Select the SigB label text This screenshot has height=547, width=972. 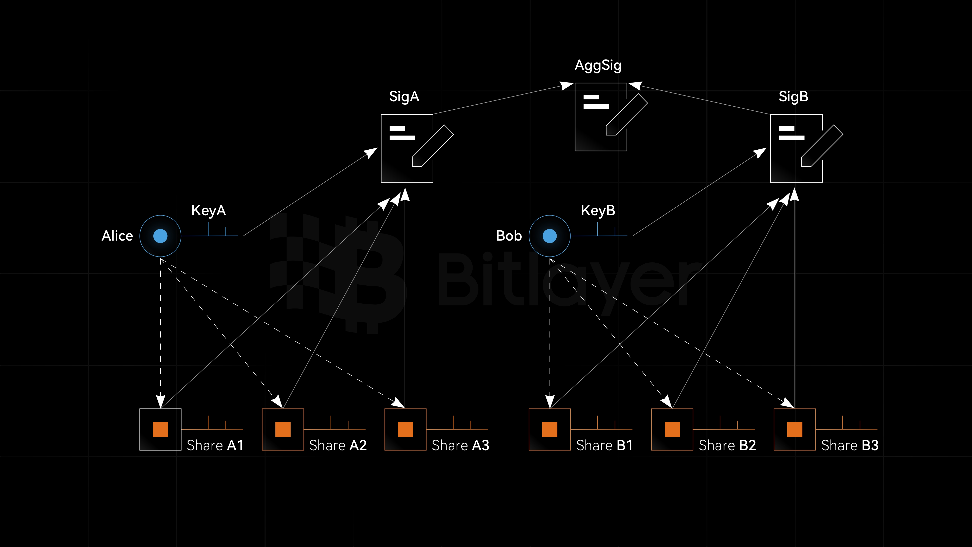[793, 97]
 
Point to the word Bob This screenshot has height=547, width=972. [509, 236]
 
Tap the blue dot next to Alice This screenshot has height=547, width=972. [160, 236]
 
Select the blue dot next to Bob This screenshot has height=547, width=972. [549, 236]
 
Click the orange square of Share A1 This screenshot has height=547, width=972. [160, 429]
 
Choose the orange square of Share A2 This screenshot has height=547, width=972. [283, 429]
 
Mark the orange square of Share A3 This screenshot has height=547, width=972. [405, 429]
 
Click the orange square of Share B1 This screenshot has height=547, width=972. [549, 429]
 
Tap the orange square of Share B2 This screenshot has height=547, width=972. [672, 429]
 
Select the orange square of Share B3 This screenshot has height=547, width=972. [795, 429]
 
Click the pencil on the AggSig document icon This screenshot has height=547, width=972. [626, 114]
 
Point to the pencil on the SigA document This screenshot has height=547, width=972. [432, 146]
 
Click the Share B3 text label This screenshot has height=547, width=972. [850, 445]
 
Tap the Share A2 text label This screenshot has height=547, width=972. [338, 445]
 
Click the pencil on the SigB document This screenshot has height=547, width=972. [822, 146]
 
